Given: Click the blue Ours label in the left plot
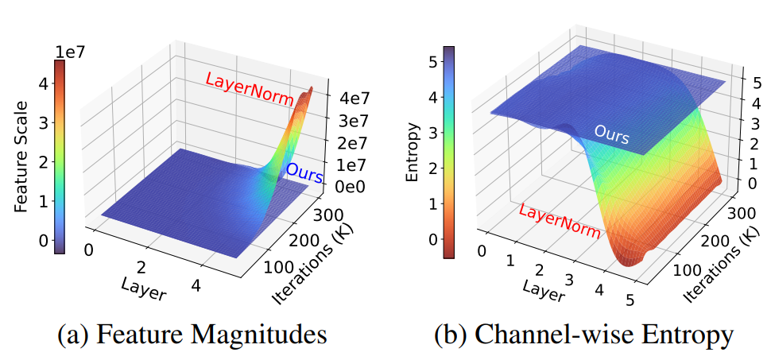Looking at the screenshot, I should pos(304,172).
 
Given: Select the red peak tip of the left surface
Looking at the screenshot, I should pos(311,87).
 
